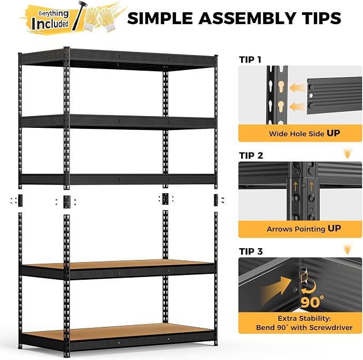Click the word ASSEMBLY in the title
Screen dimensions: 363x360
(247, 18)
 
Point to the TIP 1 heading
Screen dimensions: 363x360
(250, 60)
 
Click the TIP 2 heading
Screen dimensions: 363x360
(251, 156)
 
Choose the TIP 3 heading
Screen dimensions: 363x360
(251, 251)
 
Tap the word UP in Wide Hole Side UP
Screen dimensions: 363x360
(334, 133)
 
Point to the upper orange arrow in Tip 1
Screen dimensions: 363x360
(298, 88)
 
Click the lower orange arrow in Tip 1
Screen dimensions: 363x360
(298, 107)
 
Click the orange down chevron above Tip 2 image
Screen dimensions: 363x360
(347, 154)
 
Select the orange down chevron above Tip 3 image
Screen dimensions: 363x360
(347, 249)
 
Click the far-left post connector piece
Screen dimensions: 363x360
(20, 201)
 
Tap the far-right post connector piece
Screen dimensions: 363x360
(216, 200)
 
